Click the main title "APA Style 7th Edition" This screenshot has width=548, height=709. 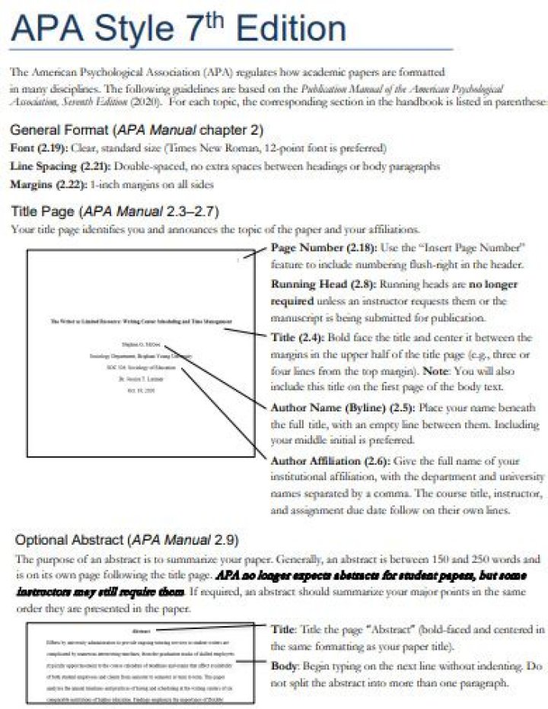(180, 30)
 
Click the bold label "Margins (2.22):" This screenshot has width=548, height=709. (47, 184)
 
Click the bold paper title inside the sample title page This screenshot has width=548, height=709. (141, 322)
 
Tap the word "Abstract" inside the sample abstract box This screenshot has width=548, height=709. (141, 631)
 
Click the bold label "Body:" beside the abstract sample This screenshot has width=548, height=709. (287, 666)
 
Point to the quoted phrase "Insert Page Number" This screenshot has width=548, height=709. (479, 249)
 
